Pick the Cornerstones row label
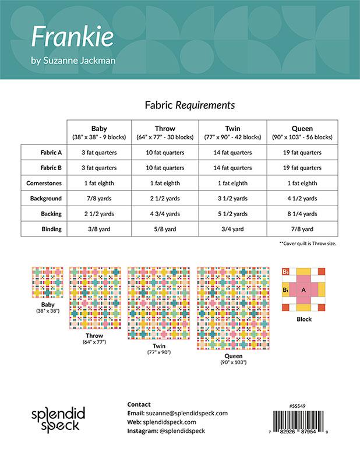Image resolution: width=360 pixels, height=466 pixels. [x=47, y=183]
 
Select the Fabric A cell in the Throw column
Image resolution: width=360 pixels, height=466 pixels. [x=165, y=153]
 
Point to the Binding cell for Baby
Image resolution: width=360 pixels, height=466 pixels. [x=98, y=229]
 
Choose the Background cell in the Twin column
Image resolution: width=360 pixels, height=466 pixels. [x=233, y=199]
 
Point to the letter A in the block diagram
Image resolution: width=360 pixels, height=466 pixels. [x=303, y=290]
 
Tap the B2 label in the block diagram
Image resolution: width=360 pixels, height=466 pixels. [x=285, y=272]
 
